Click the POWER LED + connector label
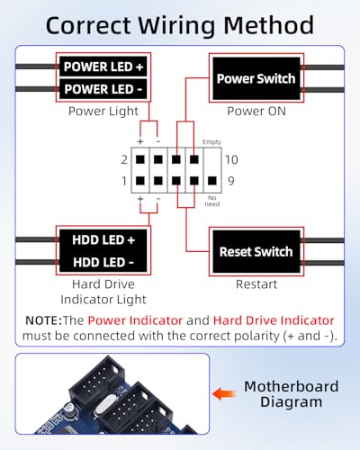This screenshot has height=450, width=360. pyautogui.click(x=103, y=67)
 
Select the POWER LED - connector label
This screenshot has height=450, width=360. pyautogui.click(x=103, y=89)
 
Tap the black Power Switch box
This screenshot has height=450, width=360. pyautogui.click(x=256, y=78)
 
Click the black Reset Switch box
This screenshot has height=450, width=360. pyautogui.click(x=256, y=251)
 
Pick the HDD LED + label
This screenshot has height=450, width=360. pyautogui.click(x=103, y=240)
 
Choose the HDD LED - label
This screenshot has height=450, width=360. pyautogui.click(x=103, y=262)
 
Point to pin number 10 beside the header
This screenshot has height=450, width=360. pyautogui.click(x=231, y=159)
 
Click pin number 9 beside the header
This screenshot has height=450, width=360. pyautogui.click(x=231, y=181)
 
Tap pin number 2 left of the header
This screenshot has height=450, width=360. pyautogui.click(x=124, y=159)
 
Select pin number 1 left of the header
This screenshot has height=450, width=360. pyautogui.click(x=124, y=181)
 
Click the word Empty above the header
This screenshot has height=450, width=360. pyautogui.click(x=211, y=142)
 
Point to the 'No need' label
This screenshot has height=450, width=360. pyautogui.click(x=212, y=201)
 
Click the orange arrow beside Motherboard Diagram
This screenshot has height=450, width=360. pyautogui.click(x=224, y=393)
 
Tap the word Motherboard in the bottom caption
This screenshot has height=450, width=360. pyautogui.click(x=292, y=386)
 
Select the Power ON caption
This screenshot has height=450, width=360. pyautogui.click(x=256, y=111)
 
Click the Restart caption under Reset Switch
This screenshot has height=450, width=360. pyautogui.click(x=256, y=284)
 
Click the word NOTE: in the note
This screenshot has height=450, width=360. pyautogui.click(x=44, y=320)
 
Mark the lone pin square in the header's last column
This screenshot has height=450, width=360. pyautogui.click(x=212, y=181)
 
